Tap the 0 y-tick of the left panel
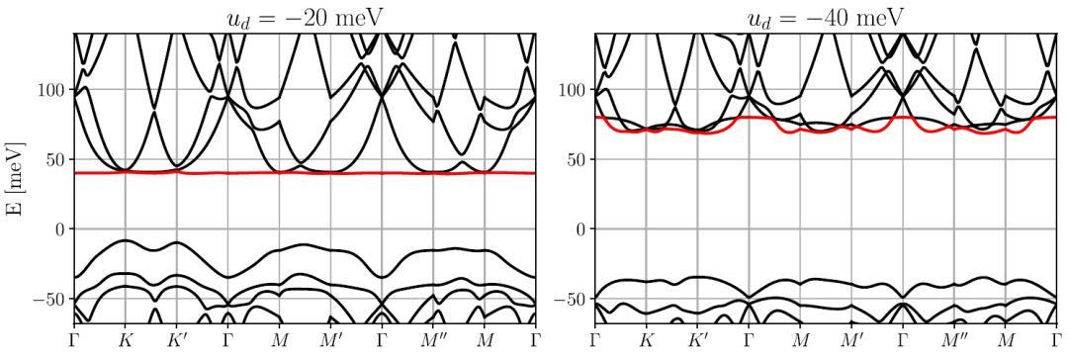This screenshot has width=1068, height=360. click(59, 229)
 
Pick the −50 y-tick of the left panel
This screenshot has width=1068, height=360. click(49, 299)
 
